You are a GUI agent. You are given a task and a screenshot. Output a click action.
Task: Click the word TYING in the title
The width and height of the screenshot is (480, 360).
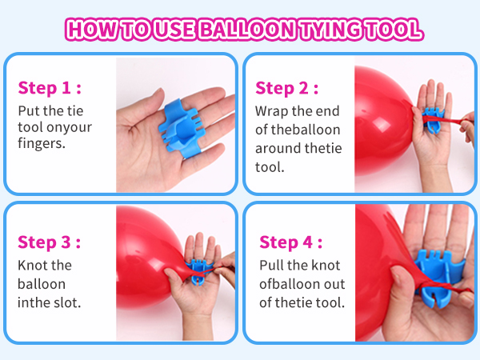330,30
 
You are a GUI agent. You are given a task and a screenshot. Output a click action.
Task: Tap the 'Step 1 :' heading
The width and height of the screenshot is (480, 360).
50,87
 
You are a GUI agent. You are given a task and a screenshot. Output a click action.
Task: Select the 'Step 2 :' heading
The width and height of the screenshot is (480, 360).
287,87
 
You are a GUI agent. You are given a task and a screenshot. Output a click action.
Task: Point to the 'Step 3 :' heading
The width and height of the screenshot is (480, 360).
50,242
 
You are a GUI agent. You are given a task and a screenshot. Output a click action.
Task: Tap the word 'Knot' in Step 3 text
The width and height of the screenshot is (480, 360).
34,265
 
